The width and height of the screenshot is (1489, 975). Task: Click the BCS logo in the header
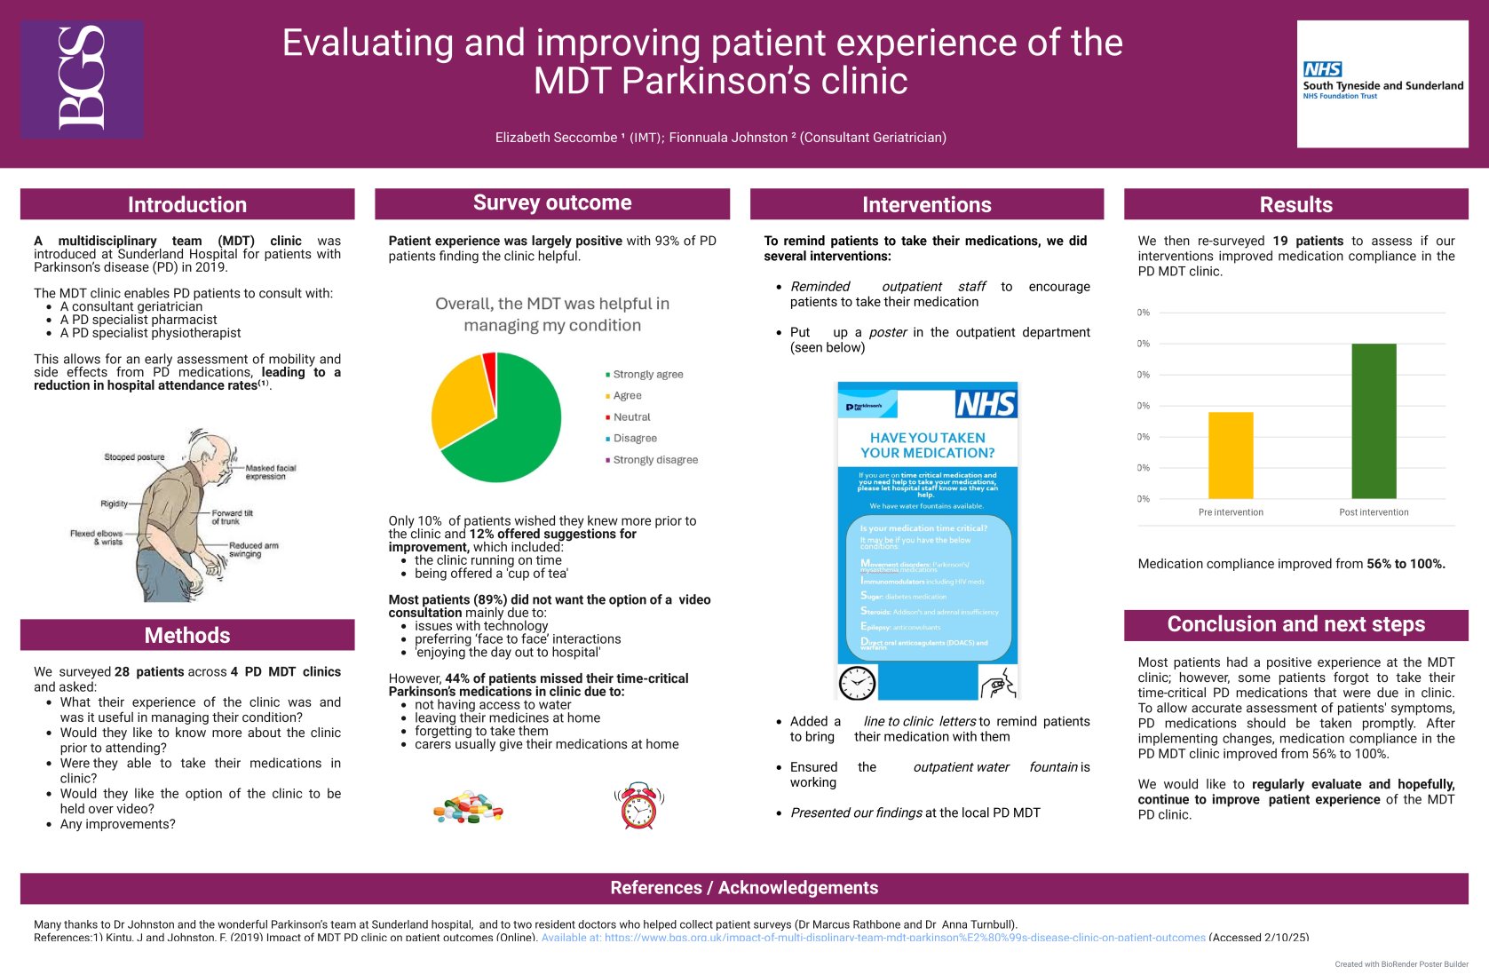point(82,79)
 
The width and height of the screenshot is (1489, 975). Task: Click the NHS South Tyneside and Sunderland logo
point(1382,83)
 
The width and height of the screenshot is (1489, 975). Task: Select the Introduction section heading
point(187,204)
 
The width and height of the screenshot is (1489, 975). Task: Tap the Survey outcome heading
point(552,202)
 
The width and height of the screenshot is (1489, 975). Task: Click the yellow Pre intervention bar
point(1231,455)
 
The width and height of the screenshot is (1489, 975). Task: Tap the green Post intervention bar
point(1374,421)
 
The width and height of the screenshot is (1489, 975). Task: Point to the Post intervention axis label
point(1374,512)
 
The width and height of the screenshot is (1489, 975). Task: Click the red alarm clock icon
point(638,806)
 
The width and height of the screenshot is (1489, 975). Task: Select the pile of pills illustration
point(468,808)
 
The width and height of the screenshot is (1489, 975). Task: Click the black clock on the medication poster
point(857,683)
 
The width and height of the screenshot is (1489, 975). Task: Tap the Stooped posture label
point(134,457)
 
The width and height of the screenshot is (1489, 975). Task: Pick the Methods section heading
point(187,635)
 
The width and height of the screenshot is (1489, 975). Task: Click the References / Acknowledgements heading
point(744,888)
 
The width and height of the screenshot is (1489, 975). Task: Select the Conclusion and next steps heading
point(1295,624)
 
